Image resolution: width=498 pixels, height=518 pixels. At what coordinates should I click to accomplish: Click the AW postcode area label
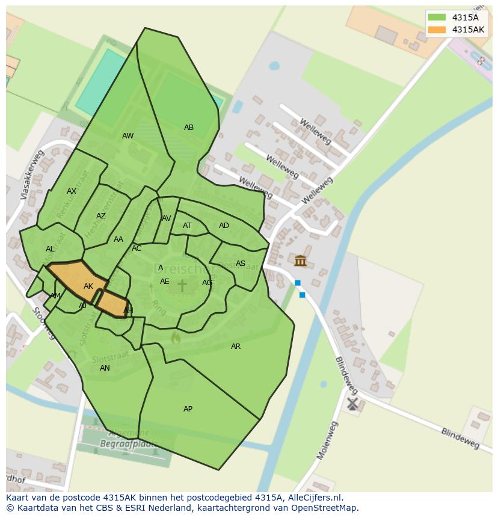pos(128,136)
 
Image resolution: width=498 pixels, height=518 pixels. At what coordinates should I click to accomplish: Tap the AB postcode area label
pos(189,128)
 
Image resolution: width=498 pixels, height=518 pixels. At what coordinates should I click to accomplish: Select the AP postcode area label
pos(188,409)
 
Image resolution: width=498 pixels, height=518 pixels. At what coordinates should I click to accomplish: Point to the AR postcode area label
pos(236,347)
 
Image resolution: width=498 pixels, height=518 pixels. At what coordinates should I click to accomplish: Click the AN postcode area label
pos(105,368)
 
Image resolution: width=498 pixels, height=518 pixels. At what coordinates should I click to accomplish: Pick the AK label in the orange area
pos(88,286)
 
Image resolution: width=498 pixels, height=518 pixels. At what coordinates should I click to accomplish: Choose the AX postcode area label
pos(72,191)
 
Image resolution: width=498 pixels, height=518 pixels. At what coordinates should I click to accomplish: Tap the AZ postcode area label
pos(101,216)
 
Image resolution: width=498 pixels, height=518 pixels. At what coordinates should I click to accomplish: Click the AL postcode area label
pos(50,249)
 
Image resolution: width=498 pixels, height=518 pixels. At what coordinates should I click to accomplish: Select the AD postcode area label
pos(224,226)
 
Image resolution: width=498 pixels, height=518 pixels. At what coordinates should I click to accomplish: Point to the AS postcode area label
pos(241,264)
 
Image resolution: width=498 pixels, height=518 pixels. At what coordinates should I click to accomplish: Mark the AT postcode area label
pos(187,226)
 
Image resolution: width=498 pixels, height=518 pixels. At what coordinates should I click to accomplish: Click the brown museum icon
pos(300,261)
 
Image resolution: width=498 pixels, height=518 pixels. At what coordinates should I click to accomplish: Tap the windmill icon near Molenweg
pos(352,403)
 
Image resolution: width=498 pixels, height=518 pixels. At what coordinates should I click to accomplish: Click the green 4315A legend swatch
pos(437,17)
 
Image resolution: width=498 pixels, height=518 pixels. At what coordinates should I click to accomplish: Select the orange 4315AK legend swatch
pos(437,29)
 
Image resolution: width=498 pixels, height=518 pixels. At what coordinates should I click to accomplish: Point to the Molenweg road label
pos(328,440)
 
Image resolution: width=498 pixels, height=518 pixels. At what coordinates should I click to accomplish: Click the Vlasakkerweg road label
pos(32,175)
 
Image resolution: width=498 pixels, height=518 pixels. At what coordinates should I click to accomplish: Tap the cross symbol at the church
pos(182,285)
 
